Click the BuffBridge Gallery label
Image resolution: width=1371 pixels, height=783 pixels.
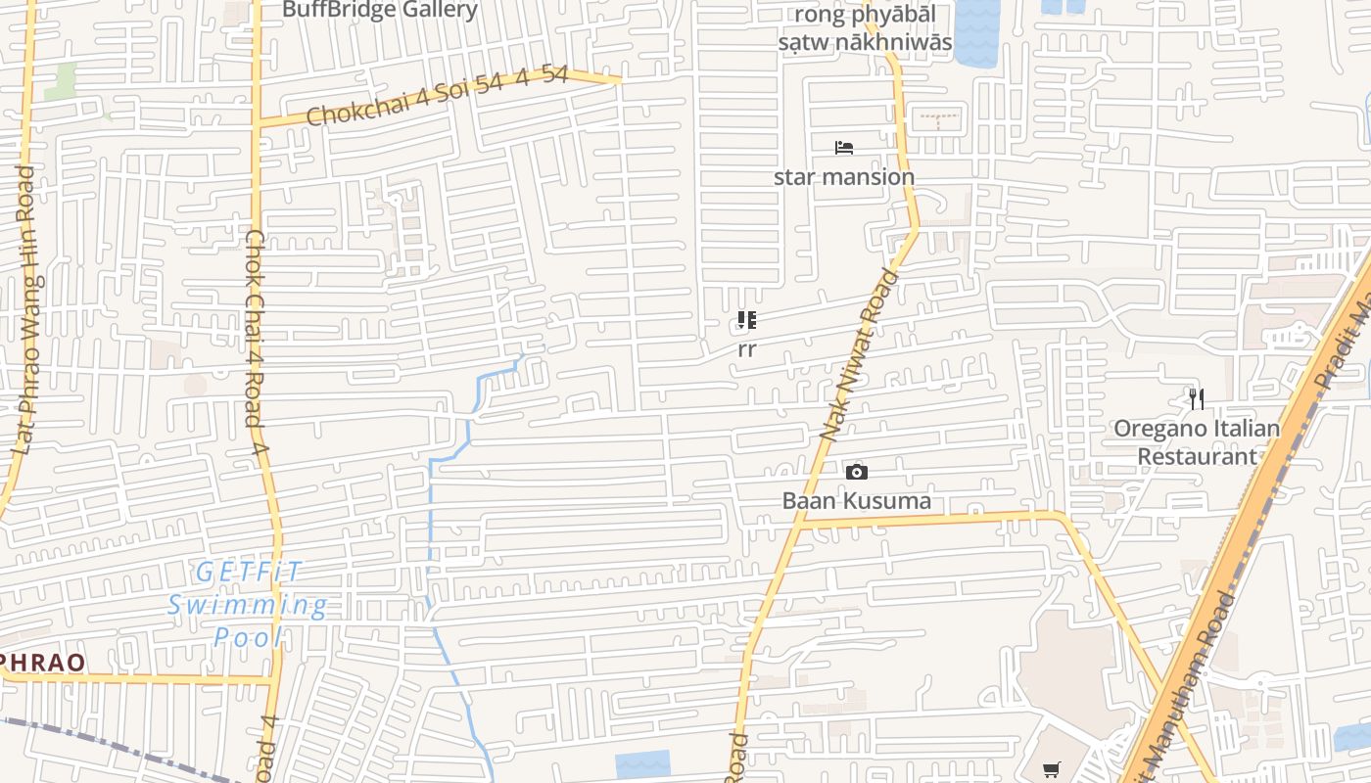[380, 10]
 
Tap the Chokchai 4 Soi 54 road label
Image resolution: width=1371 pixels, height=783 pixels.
[437, 95]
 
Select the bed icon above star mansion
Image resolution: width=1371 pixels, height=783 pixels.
[844, 148]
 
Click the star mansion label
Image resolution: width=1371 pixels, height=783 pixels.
[844, 177]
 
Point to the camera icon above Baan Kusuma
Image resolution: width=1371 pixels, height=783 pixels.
[857, 473]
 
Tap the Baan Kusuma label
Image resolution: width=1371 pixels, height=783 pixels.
[857, 501]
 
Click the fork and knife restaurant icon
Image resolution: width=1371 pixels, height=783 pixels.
[1196, 398]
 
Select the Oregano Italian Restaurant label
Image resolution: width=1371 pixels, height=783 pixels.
[1197, 442]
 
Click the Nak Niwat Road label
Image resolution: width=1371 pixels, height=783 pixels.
[859, 353]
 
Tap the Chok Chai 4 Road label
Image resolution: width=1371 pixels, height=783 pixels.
[257, 343]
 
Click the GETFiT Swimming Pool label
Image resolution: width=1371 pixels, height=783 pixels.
[248, 605]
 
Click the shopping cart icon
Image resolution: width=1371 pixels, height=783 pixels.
[1051, 769]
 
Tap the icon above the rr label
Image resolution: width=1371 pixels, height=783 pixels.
[747, 320]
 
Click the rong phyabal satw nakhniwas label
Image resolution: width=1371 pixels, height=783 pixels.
[865, 28]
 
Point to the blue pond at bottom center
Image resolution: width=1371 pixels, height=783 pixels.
[642, 764]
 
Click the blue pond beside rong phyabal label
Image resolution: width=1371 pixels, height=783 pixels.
[975, 31]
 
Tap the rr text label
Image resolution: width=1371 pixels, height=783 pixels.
[747, 349]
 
